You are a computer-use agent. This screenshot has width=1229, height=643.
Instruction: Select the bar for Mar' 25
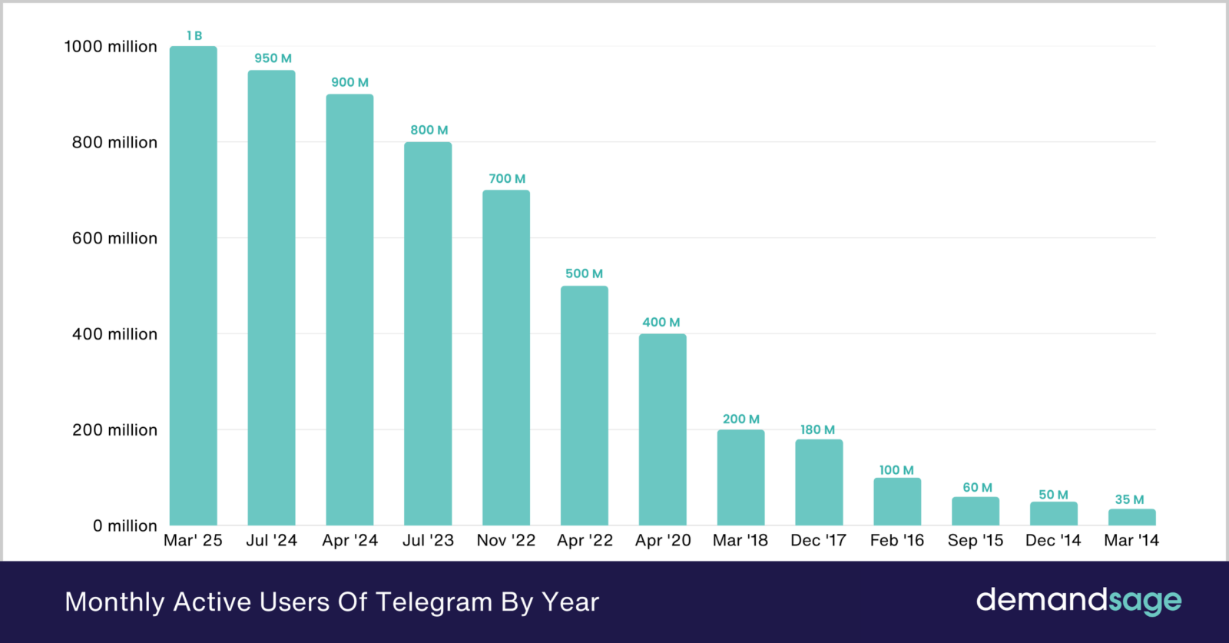pyautogui.click(x=193, y=286)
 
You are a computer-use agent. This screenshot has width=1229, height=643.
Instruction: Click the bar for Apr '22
pyautogui.click(x=584, y=406)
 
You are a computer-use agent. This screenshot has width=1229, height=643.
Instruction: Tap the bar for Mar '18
pyautogui.click(x=740, y=477)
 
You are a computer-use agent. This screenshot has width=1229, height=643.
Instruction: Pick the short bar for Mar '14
pyautogui.click(x=1131, y=517)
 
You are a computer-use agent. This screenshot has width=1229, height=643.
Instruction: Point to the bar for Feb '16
pyautogui.click(x=896, y=502)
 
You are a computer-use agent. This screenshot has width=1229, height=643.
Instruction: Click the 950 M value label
pyautogui.click(x=273, y=58)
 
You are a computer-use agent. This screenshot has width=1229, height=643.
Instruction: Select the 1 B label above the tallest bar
pyautogui.click(x=194, y=35)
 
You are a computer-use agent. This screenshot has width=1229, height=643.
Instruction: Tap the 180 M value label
pyautogui.click(x=817, y=429)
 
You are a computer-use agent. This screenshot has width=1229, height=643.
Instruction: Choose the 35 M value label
pyautogui.click(x=1129, y=499)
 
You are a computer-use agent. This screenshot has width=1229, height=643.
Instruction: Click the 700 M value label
pyautogui.click(x=507, y=178)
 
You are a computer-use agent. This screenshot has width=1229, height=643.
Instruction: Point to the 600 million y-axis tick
pyautogui.click(x=114, y=238)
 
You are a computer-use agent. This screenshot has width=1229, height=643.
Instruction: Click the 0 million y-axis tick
pyautogui.click(x=124, y=525)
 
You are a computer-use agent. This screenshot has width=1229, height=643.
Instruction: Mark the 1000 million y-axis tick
pyautogui.click(x=111, y=46)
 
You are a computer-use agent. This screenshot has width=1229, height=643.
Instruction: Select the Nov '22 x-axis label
pyautogui.click(x=505, y=540)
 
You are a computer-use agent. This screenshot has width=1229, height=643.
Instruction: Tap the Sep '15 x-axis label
pyautogui.click(x=975, y=540)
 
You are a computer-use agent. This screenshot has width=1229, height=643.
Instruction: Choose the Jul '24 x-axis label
pyautogui.click(x=271, y=540)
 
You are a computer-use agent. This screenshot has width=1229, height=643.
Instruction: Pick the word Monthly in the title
pyautogui.click(x=114, y=602)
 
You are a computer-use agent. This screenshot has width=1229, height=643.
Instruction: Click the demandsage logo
pyautogui.click(x=1078, y=601)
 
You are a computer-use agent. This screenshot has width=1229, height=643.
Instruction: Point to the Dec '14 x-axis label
pyautogui.click(x=1052, y=540)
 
